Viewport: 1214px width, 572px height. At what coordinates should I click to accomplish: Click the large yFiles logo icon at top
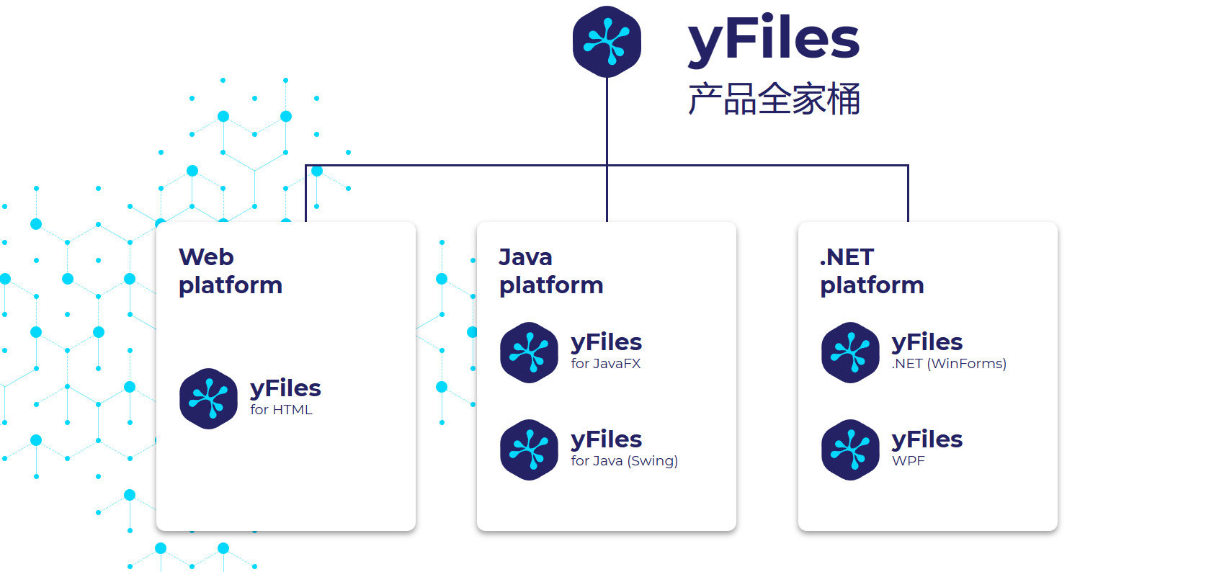[x=607, y=41]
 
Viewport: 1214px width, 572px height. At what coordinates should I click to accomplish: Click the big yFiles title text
[x=773, y=39]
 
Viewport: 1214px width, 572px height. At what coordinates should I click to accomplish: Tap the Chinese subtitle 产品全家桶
[x=774, y=99]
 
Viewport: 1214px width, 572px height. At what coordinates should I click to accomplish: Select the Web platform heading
[x=230, y=271]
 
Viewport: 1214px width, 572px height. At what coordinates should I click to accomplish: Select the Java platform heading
[x=550, y=271]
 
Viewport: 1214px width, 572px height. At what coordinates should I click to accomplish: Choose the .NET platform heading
[x=871, y=271]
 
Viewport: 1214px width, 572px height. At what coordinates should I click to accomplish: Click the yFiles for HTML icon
[x=208, y=398]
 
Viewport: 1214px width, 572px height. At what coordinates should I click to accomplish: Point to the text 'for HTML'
[x=281, y=410]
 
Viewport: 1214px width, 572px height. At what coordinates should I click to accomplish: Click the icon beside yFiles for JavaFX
[x=529, y=352]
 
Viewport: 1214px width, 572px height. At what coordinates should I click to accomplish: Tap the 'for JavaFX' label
[x=605, y=364]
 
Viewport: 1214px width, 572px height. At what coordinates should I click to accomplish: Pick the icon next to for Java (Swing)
[x=529, y=450]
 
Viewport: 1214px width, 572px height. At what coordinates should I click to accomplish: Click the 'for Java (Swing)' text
[x=624, y=461]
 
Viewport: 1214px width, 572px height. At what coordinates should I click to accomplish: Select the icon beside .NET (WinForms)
[x=850, y=352]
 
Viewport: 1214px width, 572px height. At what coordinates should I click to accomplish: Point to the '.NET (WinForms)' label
[x=948, y=364]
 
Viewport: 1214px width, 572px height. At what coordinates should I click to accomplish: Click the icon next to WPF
[x=850, y=450]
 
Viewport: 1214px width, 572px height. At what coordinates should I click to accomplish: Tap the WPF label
[x=908, y=461]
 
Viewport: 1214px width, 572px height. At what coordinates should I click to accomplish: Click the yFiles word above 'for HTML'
[x=285, y=388]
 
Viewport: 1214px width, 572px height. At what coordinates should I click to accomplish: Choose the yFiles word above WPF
[x=927, y=439]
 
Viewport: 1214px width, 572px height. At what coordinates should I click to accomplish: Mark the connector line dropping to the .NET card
[x=908, y=195]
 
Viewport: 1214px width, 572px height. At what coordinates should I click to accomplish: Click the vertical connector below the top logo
[x=607, y=122]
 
